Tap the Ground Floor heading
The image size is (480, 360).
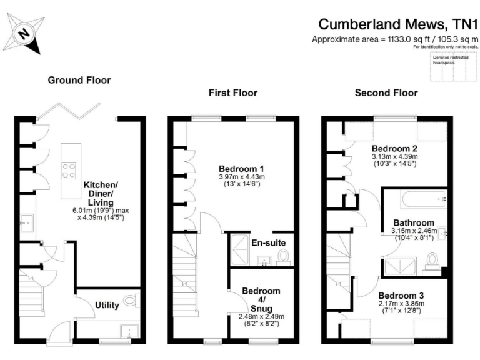point(79,80)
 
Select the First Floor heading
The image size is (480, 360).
point(232,92)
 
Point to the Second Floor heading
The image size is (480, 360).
point(386,92)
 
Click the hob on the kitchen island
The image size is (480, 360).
point(69,171)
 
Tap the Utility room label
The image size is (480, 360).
point(107,305)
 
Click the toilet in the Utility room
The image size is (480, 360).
point(131,301)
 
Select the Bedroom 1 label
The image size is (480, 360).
point(241,169)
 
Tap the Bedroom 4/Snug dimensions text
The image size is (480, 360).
point(261,320)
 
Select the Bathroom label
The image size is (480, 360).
point(414,222)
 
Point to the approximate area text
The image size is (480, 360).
point(395,39)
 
